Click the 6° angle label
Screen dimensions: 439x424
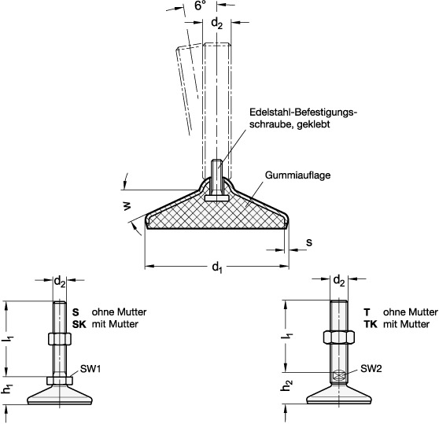click(200, 6)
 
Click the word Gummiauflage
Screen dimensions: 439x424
click(297, 175)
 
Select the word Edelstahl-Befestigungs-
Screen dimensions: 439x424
click(304, 112)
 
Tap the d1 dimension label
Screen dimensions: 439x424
click(217, 267)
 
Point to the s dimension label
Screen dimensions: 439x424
click(309, 242)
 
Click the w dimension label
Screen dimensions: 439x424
click(127, 206)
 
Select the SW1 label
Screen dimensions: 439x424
click(90, 369)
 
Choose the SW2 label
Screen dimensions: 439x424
click(371, 369)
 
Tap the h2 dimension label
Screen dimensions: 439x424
click(287, 385)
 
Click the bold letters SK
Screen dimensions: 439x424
click(79, 324)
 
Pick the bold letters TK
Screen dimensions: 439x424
click(371, 324)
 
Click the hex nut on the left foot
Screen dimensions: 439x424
click(60, 339)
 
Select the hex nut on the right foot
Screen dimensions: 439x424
click(339, 337)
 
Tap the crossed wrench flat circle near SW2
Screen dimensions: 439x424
click(339, 375)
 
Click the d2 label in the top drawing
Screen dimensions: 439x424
click(216, 24)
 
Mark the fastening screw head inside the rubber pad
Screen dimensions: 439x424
click(216, 198)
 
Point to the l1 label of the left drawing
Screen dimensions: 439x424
click(9, 339)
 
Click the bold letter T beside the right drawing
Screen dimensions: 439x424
click(367, 312)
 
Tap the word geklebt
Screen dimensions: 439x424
click(313, 124)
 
